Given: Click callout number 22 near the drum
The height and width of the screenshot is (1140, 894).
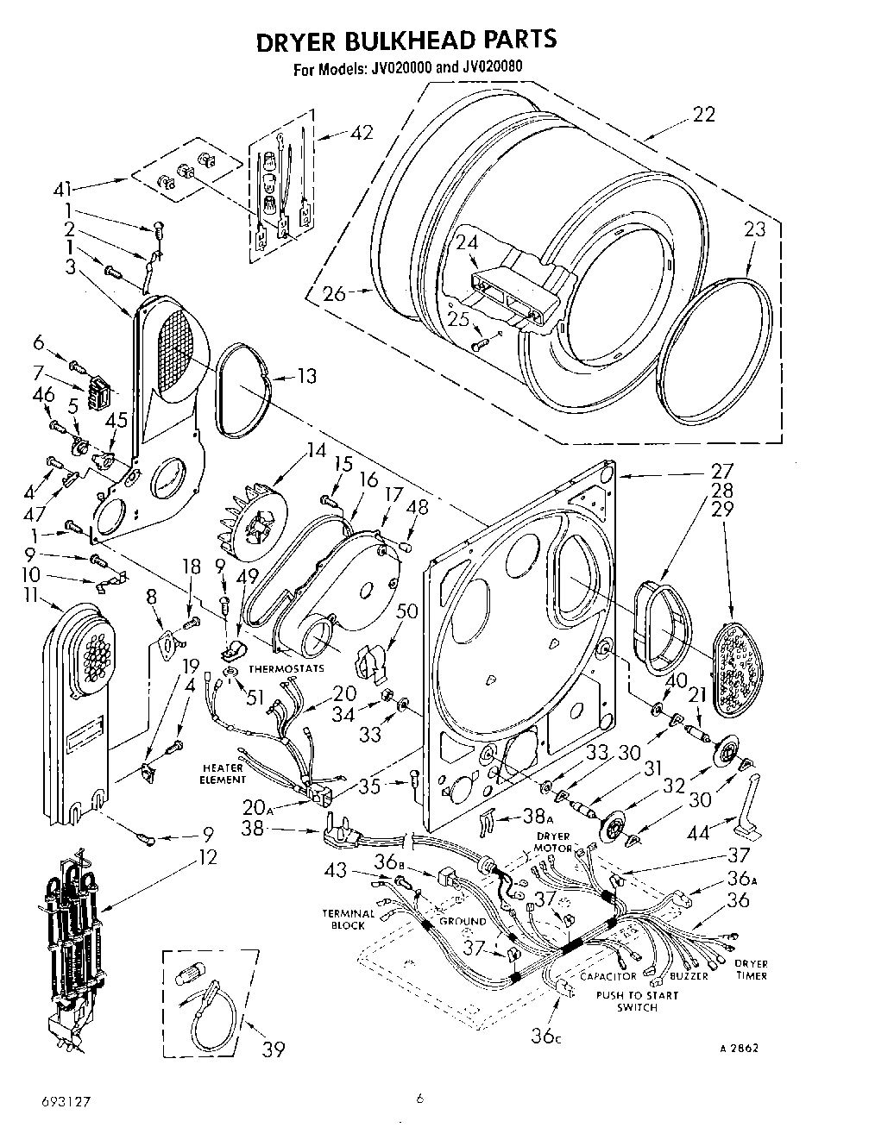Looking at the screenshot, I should (x=704, y=115).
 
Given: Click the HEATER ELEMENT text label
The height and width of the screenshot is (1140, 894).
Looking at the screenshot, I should (x=223, y=773).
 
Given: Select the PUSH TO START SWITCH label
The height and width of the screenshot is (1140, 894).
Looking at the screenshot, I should (x=637, y=1000).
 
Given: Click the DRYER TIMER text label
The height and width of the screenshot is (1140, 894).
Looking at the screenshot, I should (x=750, y=969).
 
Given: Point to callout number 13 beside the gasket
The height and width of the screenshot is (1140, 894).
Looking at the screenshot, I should (x=305, y=376).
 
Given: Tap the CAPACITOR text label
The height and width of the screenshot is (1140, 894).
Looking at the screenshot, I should (x=608, y=976).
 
